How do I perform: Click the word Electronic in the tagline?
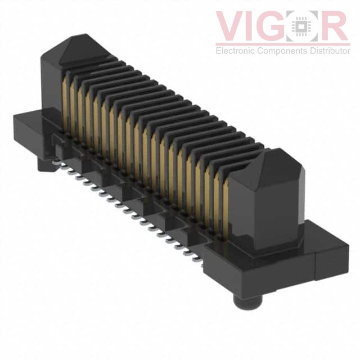click(236, 51)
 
